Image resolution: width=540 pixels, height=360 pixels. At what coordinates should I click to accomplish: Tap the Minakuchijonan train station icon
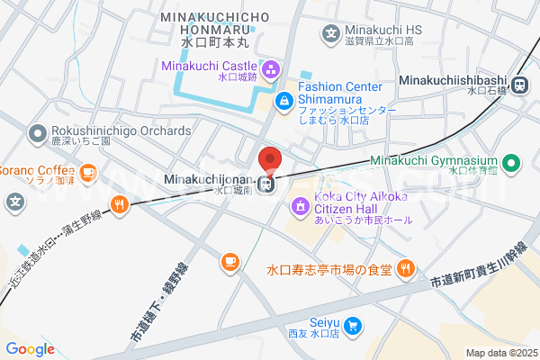click(x=265, y=185)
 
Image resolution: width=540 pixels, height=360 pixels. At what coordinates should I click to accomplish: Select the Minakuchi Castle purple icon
click(x=271, y=70)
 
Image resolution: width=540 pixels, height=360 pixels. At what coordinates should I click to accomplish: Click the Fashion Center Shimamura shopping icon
click(x=284, y=100)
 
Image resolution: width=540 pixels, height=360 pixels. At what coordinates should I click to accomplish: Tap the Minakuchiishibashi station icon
click(x=517, y=85)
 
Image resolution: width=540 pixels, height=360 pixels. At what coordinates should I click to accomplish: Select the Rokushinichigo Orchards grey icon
click(x=38, y=136)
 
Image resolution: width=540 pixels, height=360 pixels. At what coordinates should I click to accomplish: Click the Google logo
click(x=30, y=349)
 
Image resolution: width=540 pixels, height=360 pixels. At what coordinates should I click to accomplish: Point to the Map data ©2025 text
click(x=500, y=352)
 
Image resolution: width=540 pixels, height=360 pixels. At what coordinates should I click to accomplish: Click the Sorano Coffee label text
click(x=36, y=170)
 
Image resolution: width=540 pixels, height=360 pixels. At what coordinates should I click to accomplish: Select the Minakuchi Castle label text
click(x=208, y=65)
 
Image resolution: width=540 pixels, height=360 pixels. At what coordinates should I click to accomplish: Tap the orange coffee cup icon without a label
click(x=229, y=262)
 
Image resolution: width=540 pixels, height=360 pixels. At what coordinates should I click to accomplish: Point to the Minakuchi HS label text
click(x=380, y=30)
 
